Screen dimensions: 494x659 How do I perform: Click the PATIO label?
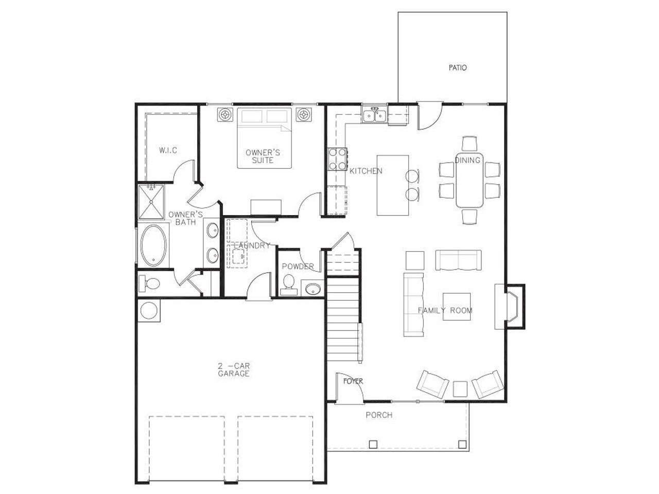(x=457, y=67)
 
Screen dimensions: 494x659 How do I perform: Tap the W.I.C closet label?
(x=168, y=150)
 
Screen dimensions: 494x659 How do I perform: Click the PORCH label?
(x=379, y=415)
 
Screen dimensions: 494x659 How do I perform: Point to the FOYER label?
(x=353, y=381)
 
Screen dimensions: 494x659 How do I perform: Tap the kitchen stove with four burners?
(x=338, y=159)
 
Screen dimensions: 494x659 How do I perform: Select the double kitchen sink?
(x=374, y=116)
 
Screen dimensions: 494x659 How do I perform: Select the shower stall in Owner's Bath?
(x=150, y=202)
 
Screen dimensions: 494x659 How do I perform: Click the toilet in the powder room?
(x=289, y=284)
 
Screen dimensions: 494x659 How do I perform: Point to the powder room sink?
(x=311, y=289)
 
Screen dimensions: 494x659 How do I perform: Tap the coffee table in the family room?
(x=457, y=307)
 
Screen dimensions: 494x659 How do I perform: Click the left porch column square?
(x=373, y=444)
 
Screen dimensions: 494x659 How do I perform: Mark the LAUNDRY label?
(x=252, y=246)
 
